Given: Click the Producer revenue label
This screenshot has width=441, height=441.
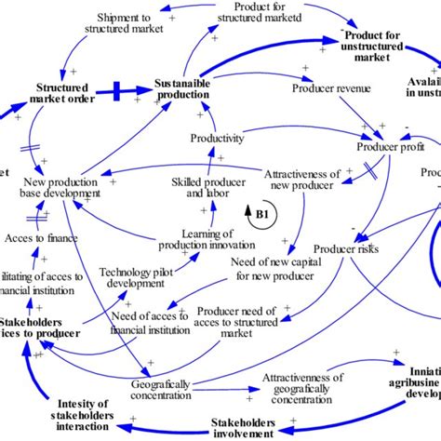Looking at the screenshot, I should [331, 89].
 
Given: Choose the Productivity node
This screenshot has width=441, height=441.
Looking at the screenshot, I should [217, 139].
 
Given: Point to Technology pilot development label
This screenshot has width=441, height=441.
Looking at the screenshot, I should [141, 276].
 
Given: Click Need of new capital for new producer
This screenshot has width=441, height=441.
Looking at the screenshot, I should [271, 269].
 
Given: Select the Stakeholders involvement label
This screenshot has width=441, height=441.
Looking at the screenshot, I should [242, 428].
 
